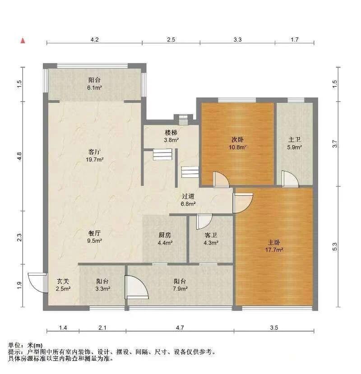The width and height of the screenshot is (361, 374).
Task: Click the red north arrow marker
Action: coord(23,41)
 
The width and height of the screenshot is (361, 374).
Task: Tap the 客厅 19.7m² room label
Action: coord(94,156)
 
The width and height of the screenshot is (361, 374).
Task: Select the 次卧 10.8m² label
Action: coord(237,143)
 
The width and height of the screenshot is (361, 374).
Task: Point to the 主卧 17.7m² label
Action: coord(274,246)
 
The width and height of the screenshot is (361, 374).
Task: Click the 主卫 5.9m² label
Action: coord(294,143)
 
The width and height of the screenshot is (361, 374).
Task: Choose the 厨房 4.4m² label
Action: coord(165,239)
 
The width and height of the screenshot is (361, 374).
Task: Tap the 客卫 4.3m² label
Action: coord(211,239)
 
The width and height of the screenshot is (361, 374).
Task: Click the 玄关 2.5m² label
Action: coord(63,285)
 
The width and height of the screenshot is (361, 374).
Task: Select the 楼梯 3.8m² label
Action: coord(171,136)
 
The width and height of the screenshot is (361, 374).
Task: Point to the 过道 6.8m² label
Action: coord(188,200)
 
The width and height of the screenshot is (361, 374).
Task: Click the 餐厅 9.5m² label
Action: coord(94,237)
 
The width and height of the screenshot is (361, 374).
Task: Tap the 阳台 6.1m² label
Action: coord(94,84)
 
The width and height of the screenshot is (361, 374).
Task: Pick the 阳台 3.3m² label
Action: coord(102,285)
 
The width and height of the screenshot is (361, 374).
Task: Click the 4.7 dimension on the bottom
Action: coord(180,328)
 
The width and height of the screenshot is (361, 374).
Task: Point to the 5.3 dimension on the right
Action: coord(335,247)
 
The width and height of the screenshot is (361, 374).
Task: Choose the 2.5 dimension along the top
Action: coord(171,39)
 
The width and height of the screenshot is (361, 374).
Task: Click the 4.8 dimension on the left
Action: coord(19,156)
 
